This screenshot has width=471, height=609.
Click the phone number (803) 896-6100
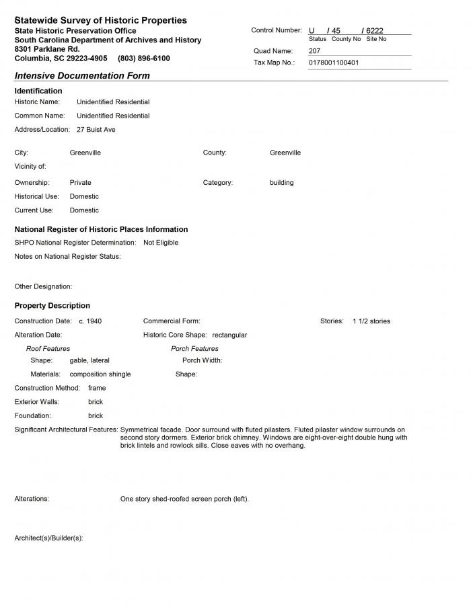click(x=143, y=58)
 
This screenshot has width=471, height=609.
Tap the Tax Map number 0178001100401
click(x=334, y=63)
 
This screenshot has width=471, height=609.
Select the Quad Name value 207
click(x=315, y=51)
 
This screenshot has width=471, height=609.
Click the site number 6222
click(x=375, y=31)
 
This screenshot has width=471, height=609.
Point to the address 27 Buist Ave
click(x=96, y=130)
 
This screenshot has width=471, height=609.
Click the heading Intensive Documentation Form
click(x=82, y=76)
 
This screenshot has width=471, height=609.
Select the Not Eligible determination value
click(x=161, y=243)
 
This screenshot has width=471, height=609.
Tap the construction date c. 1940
click(x=90, y=321)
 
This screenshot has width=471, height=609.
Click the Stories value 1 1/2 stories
click(x=371, y=321)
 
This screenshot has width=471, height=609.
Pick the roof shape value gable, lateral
click(x=89, y=360)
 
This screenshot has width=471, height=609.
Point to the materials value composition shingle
click(x=100, y=374)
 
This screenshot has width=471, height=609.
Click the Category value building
click(x=281, y=183)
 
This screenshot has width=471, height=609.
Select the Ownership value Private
click(x=80, y=183)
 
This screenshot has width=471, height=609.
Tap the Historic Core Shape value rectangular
click(x=229, y=335)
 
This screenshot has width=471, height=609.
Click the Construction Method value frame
click(x=97, y=388)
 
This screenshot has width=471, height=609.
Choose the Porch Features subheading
click(x=194, y=349)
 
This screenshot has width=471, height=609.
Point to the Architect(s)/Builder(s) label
click(x=48, y=538)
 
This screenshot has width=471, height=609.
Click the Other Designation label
click(x=43, y=286)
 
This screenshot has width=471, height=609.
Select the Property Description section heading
click(x=52, y=306)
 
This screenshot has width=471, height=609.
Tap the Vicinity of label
click(x=30, y=166)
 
